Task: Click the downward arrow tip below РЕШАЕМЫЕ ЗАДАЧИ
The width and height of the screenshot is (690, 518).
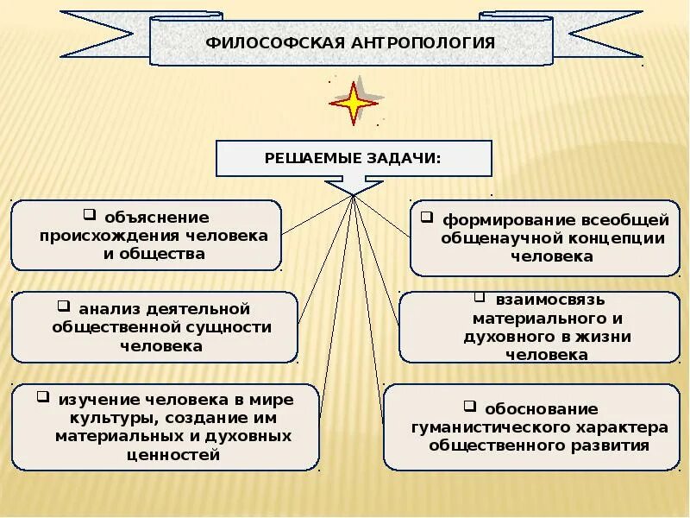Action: (354, 193)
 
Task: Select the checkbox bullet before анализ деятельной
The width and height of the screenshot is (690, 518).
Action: (64, 306)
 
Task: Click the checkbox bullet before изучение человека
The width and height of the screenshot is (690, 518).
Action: (42, 397)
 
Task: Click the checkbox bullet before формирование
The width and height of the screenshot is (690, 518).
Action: (426, 216)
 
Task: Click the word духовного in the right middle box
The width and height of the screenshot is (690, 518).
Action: (504, 337)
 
